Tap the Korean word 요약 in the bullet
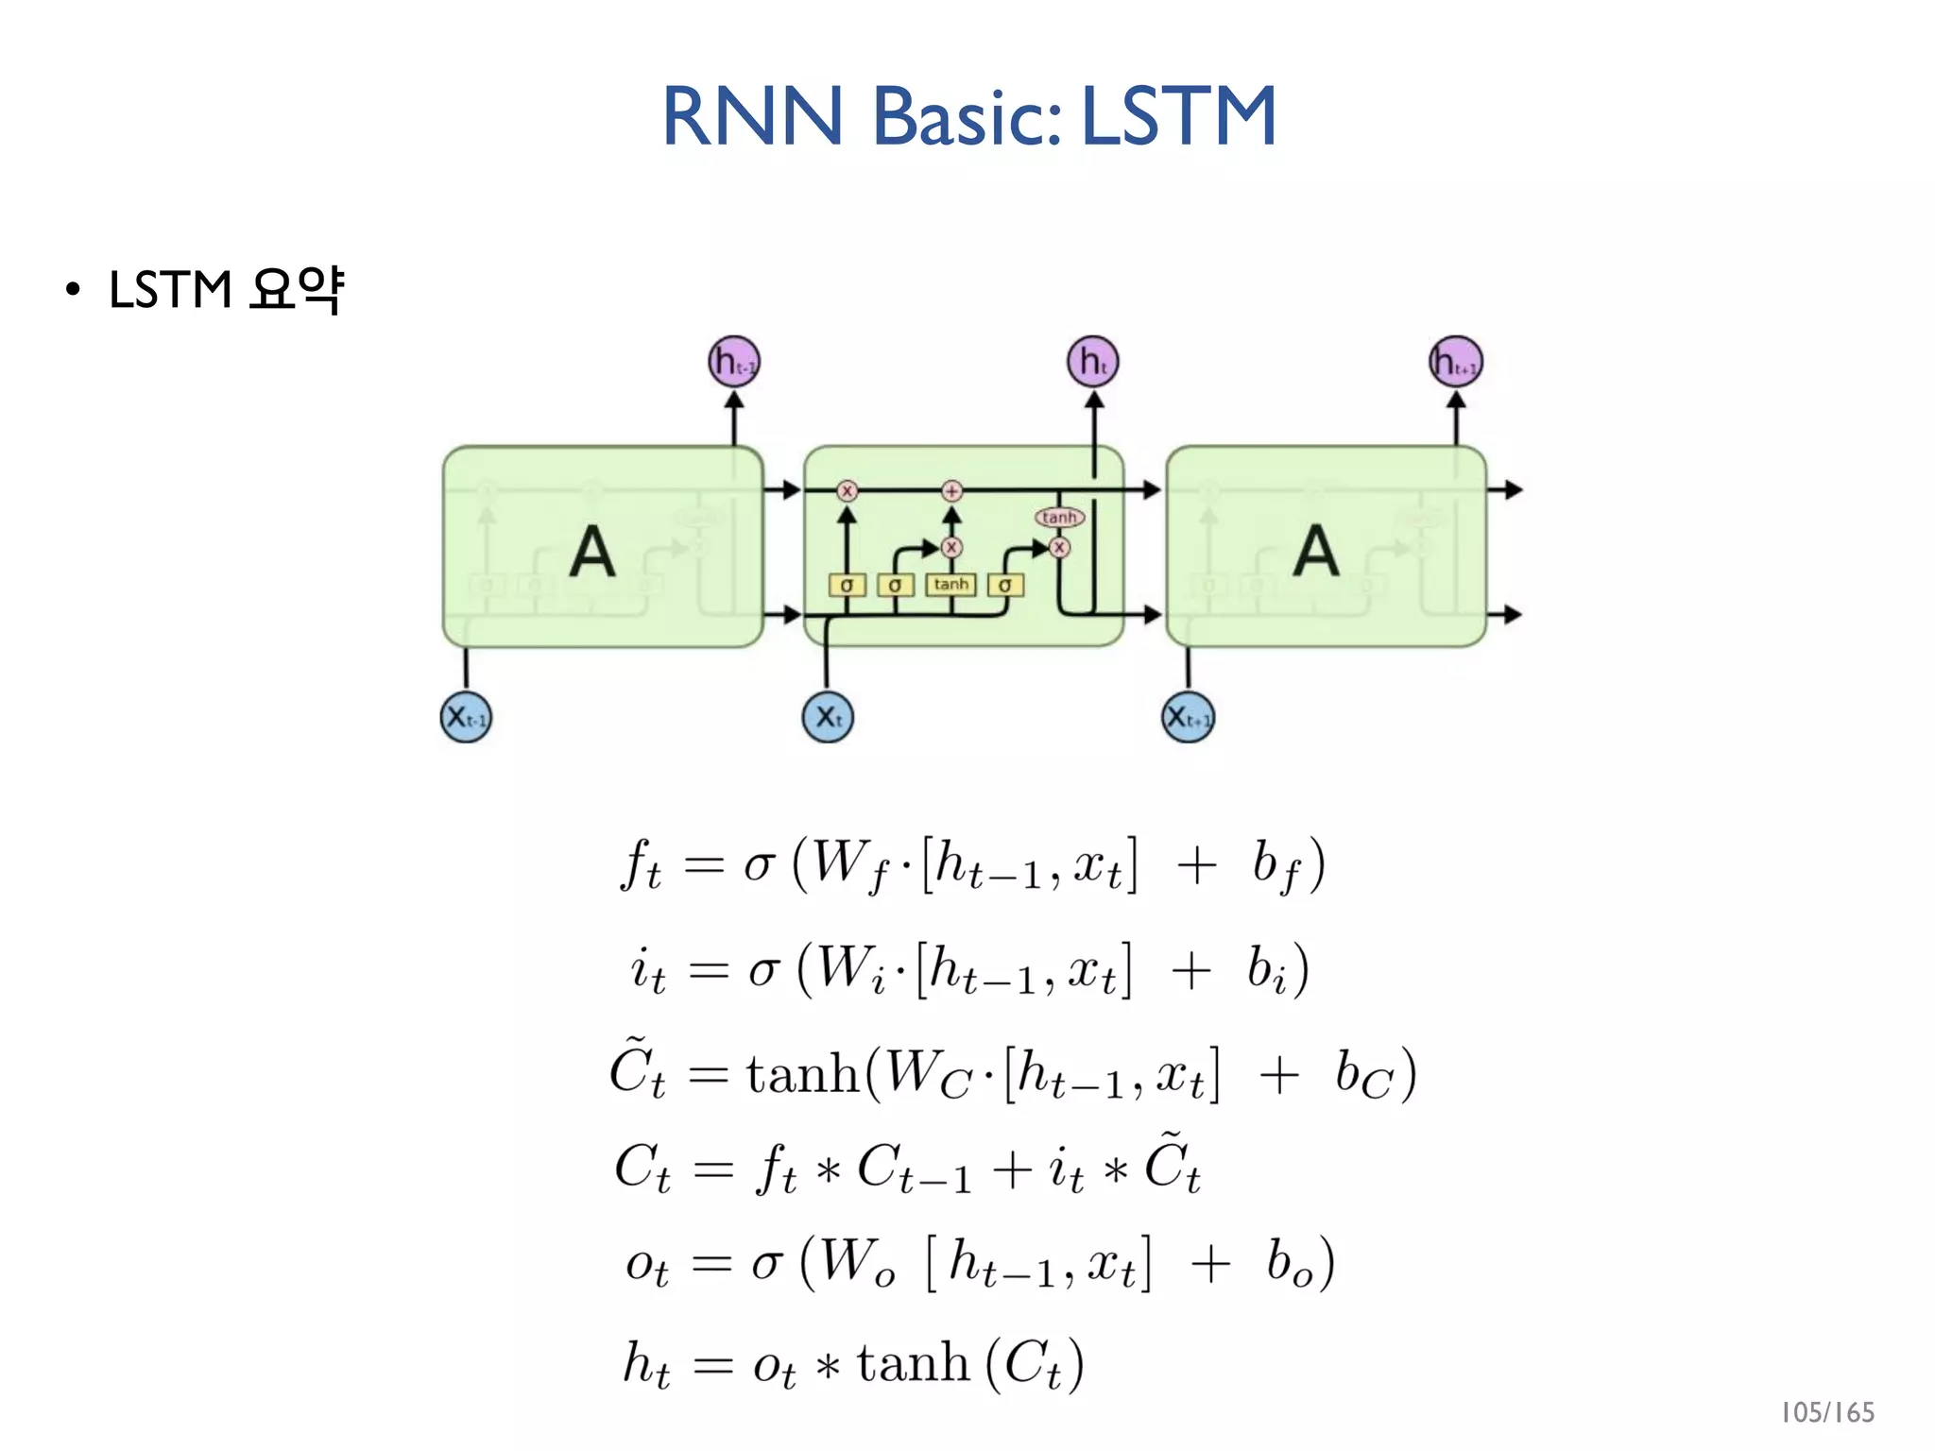tap(296, 289)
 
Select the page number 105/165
tap(1826, 1412)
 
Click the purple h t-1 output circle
tap(734, 362)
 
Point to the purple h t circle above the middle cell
tap(1093, 362)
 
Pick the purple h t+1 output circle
tap(1456, 362)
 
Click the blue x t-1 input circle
tap(466, 717)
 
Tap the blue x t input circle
tap(828, 717)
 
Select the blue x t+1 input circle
tap(1188, 718)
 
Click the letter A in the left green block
tap(592, 552)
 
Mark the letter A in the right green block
tap(1316, 552)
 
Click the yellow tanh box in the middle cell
tap(950, 585)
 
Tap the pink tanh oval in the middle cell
tap(1059, 517)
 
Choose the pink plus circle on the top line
tap(951, 490)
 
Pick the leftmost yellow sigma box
tap(847, 586)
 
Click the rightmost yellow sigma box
tap(1005, 586)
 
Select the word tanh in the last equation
tap(913, 1364)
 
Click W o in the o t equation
tap(856, 1263)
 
